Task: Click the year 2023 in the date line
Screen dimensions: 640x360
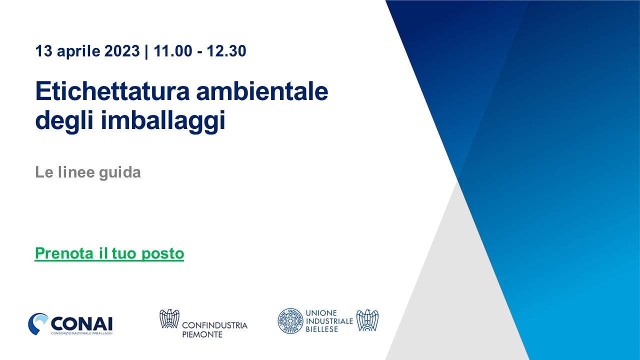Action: (122, 51)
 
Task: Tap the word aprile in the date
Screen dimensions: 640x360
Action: (78, 51)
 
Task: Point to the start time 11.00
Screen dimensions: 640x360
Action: (173, 51)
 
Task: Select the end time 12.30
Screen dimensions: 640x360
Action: (226, 51)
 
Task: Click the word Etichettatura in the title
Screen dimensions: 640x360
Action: (112, 91)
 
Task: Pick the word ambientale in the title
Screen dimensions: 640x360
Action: (262, 91)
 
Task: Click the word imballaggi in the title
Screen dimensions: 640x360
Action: (163, 121)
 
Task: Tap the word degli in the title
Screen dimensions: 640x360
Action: (64, 121)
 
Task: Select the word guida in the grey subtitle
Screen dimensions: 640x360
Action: (120, 172)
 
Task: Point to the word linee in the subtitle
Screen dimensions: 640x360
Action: (76, 172)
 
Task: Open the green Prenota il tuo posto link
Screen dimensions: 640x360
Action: (109, 253)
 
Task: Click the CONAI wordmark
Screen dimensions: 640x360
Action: (81, 323)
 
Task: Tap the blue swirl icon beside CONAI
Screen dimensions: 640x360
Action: (37, 323)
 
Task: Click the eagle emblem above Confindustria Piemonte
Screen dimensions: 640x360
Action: (169, 318)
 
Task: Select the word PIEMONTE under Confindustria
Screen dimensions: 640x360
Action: (202, 334)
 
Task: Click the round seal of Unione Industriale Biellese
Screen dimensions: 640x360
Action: (290, 321)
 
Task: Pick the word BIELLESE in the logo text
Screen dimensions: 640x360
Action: (321, 329)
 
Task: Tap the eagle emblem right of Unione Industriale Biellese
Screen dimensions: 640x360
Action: (367, 320)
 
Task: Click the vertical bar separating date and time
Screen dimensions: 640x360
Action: (146, 51)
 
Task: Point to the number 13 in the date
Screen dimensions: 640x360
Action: (44, 51)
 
